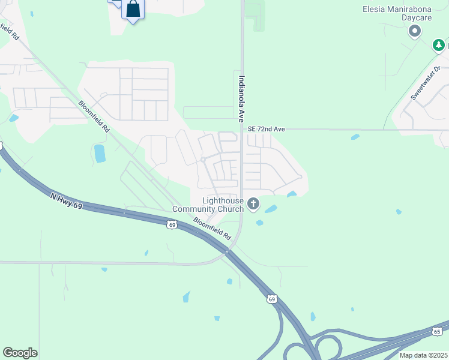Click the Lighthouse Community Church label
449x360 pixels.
[x=208, y=205]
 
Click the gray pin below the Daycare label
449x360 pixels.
[x=414, y=31]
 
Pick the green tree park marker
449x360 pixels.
[x=439, y=44]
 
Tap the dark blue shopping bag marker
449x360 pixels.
[x=133, y=9]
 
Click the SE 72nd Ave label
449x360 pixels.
[x=266, y=129]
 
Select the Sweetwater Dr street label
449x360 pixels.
[x=421, y=88]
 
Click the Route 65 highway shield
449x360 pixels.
[x=436, y=331]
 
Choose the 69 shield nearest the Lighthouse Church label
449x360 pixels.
[x=172, y=224]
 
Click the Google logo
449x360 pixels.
[x=20, y=353]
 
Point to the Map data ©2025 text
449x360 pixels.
[x=423, y=355]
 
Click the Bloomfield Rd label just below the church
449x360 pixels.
[x=212, y=228]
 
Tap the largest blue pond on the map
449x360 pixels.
[x=100, y=153]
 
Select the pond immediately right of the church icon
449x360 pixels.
[x=271, y=209]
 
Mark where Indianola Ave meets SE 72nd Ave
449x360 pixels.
[x=242, y=129]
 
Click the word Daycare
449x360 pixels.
[x=417, y=18]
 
